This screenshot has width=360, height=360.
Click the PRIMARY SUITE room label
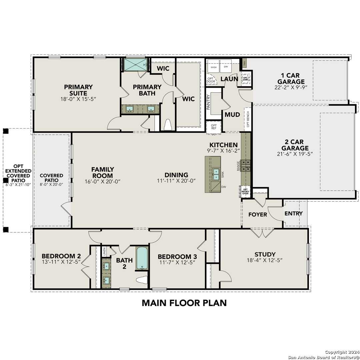pyautogui.click(x=78, y=90)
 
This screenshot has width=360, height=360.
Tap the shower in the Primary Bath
pyautogui.click(x=135, y=64)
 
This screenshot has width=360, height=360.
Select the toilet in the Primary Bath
pyautogui.click(x=167, y=124)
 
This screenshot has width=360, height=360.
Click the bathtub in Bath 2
pyautogui.click(x=142, y=258)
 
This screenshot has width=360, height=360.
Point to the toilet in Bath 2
pyautogui.click(x=142, y=280)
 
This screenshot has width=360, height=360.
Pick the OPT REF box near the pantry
pyautogui.click(x=214, y=127)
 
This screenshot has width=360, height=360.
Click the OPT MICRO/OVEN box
pyautogui.click(x=245, y=192)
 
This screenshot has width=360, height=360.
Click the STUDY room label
pyautogui.click(x=265, y=254)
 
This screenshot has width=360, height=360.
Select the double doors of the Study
pyautogui.click(x=263, y=233)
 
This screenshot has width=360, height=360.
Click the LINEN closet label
pyautogui.click(x=104, y=250)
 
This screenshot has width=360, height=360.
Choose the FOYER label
pyautogui.click(x=258, y=214)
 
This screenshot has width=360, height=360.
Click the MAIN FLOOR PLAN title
pyautogui.click(x=184, y=303)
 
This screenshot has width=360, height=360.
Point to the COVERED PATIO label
pyautogui.click(x=51, y=178)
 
